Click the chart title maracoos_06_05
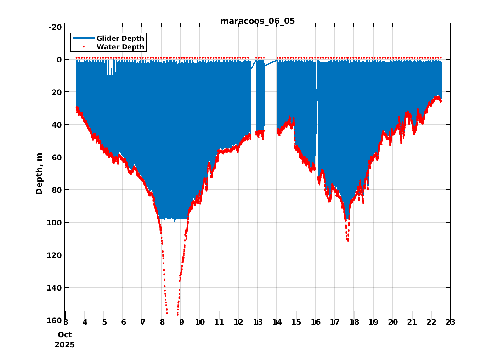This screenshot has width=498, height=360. pos(258,21)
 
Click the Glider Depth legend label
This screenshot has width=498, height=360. pos(120,38)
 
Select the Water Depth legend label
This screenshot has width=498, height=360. pos(120,47)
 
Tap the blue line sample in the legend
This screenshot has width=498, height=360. pos(84,38)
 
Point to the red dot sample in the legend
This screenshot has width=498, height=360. pos(84,47)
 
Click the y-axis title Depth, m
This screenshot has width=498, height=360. pos(39,174)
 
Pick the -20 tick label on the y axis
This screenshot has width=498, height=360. pos(55,27)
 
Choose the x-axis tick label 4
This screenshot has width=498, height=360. pos(85,322)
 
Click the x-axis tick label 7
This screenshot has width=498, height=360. pos(142,322)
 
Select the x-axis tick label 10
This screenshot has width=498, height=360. pos(200,322)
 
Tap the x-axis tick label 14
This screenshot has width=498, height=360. pos(277,322)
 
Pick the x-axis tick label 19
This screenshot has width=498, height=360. pos(373,322)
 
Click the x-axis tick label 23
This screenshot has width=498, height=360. pos(450,322)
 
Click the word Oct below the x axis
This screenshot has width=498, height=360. pos(65,335)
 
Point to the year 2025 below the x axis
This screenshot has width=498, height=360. pos(65,345)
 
